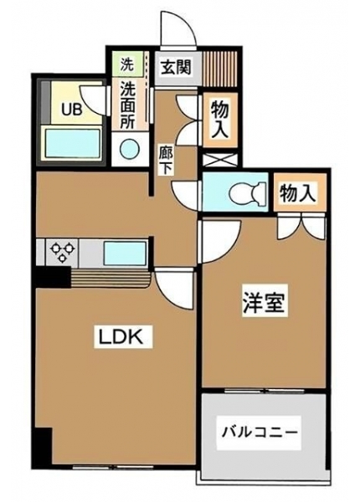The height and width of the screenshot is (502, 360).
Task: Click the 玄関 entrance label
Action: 176,68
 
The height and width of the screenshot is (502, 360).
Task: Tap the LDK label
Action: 123,336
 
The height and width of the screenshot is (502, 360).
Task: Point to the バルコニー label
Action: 260,433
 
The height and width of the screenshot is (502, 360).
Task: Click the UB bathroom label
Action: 72,110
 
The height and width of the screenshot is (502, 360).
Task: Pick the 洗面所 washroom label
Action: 127,105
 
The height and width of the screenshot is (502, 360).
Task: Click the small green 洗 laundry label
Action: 126,65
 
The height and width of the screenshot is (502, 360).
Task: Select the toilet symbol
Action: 247,193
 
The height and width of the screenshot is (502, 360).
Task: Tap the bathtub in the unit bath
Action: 72,143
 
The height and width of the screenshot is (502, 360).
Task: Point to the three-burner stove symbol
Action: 62,252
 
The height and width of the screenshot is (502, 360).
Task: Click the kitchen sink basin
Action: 126,253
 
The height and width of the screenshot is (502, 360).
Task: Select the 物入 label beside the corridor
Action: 220,120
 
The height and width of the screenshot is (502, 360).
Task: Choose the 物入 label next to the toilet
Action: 297,192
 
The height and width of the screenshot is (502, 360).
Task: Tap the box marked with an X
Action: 220,160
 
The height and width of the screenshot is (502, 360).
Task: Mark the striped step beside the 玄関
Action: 219,69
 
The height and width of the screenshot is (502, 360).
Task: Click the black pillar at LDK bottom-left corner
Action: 44,446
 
